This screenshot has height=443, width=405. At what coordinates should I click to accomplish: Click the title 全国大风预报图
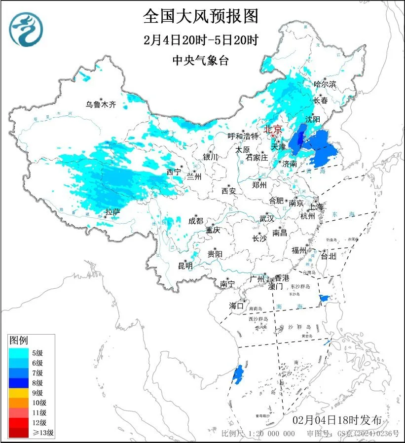[201, 16]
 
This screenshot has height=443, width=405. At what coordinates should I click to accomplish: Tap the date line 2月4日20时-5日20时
[201, 40]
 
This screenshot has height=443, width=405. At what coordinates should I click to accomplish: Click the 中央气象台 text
[201, 60]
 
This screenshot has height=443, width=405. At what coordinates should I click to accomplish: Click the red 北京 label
[273, 129]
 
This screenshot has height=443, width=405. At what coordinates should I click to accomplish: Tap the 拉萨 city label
[112, 212]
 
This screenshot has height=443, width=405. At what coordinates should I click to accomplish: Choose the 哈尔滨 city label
[325, 84]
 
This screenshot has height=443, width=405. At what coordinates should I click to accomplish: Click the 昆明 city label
[185, 266]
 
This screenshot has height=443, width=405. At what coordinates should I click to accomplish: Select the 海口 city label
[236, 306]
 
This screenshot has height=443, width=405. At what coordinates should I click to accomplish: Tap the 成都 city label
[195, 221]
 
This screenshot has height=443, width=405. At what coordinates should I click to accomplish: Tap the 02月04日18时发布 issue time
[336, 420]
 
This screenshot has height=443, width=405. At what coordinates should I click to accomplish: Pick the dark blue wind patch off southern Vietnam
[238, 374]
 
